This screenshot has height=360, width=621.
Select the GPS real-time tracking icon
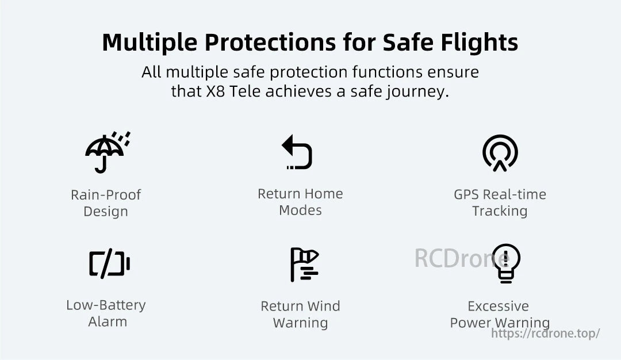click(500, 152)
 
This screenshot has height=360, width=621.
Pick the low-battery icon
click(109, 265)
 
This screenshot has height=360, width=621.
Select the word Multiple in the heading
click(151, 43)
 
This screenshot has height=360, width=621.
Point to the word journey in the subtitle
click(417, 92)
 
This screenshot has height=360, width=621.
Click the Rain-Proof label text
click(106, 195)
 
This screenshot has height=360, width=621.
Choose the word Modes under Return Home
click(300, 210)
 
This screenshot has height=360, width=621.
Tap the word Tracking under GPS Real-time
click(500, 211)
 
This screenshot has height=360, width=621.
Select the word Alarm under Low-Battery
click(108, 322)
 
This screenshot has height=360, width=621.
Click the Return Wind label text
click(300, 306)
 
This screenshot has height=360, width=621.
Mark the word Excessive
click(498, 306)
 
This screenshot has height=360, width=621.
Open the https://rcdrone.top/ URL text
click(546, 334)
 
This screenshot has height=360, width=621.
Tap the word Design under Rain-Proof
click(106, 212)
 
